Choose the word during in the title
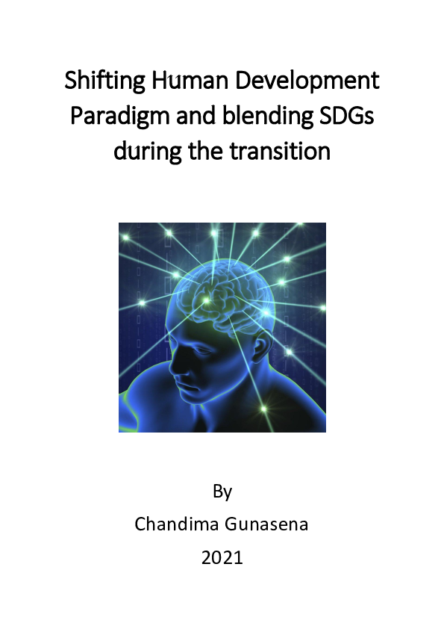coord(146,152)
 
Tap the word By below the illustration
coord(222,492)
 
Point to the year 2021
coord(222,557)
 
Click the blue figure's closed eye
coord(184,344)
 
